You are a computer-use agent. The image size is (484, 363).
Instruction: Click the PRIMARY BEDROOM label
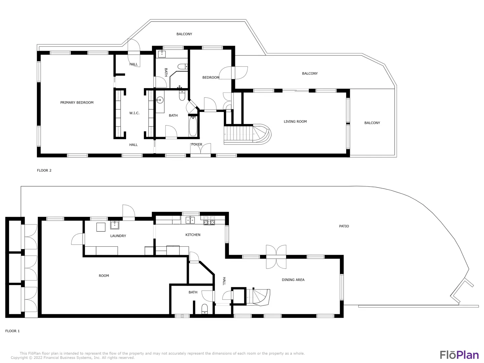pos(77,103)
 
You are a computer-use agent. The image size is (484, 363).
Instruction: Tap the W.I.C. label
pos(134,113)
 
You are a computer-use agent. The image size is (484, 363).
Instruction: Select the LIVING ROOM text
pos(295,121)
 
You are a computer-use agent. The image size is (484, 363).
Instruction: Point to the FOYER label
pos(197,145)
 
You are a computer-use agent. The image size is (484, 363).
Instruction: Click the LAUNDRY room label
pos(118,236)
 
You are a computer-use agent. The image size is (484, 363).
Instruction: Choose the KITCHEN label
pos(193,235)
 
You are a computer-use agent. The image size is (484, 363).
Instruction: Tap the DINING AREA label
pos(293,280)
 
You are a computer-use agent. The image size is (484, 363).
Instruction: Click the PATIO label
pos(344,226)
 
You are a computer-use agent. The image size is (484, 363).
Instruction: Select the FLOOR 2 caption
pos(44,170)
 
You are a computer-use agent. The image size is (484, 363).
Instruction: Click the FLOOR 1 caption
pos(12,331)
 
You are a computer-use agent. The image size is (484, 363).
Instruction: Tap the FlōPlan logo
pos(459,355)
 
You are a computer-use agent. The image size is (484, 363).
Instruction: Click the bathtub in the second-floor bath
pos(193,126)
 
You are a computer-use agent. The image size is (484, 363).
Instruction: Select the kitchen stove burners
pos(209,220)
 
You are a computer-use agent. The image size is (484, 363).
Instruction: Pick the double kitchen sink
pos(190,220)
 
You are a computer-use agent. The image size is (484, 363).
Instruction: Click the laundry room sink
pos(115,225)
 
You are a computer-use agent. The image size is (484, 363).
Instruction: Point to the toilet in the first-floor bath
pos(205,309)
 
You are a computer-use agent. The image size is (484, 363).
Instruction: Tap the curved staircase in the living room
pos(247,134)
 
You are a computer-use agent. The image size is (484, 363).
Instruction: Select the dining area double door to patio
pos(276,257)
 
